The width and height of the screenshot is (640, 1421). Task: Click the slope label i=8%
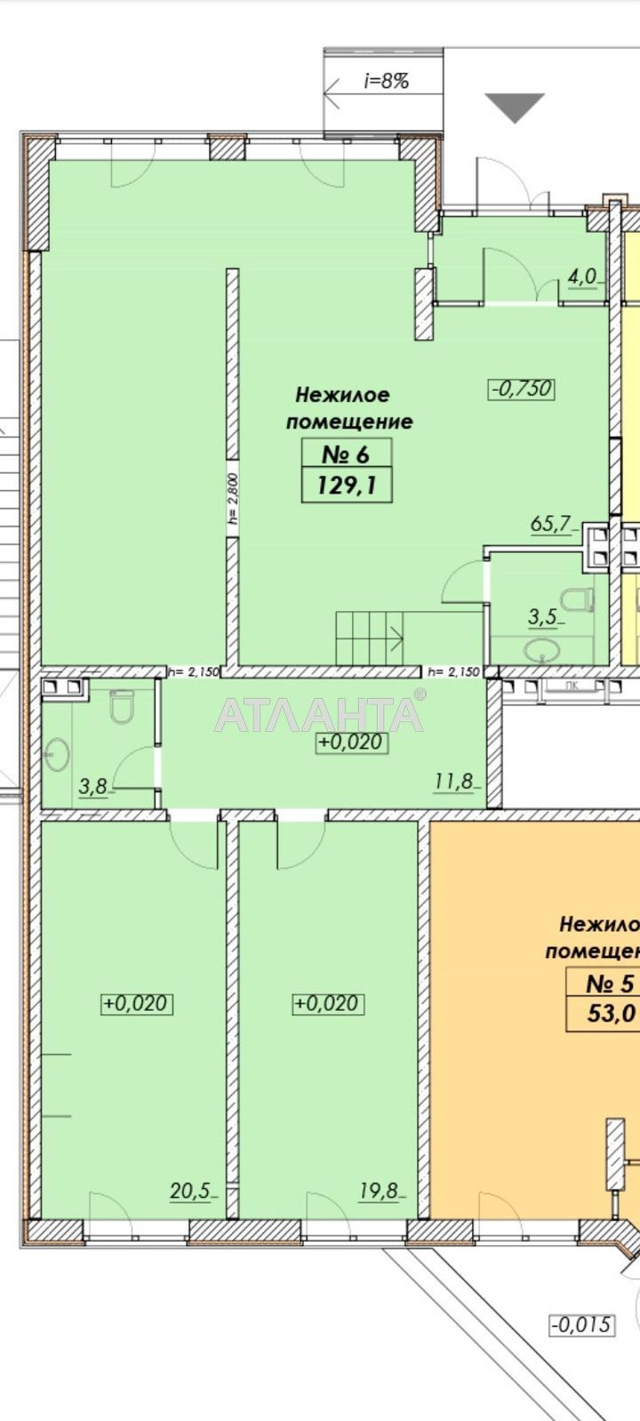(386, 81)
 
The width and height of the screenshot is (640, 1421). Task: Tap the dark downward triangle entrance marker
(515, 106)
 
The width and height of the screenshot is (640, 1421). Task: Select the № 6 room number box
(346, 455)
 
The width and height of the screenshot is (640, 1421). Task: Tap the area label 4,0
(582, 277)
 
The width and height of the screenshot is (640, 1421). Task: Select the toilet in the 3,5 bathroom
(578, 599)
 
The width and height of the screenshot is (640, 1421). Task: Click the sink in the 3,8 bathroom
(57, 753)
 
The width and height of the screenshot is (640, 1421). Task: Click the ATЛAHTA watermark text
(318, 714)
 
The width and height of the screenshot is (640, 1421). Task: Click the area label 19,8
(379, 1191)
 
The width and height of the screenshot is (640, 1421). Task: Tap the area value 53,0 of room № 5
(611, 1013)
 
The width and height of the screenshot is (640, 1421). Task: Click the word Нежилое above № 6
(342, 394)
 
